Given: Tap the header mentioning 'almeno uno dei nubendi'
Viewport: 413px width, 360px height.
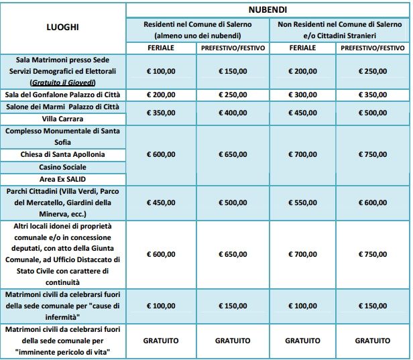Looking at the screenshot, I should coord(196,35).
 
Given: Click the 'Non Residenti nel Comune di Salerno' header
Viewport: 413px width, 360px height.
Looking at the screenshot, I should coord(339,23).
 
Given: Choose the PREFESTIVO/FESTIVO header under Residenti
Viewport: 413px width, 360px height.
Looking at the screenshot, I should coord(232,48).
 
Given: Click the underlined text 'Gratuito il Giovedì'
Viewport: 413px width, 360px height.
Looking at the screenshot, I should coord(62,82).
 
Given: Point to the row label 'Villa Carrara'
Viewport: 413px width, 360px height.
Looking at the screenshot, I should coord(62,118).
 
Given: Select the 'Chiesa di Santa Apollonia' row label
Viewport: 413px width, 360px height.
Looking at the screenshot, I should coord(62,154).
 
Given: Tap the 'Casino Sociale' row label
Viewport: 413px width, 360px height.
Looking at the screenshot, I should coord(62,166).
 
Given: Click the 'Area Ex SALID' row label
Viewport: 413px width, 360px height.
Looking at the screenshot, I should coord(62,178).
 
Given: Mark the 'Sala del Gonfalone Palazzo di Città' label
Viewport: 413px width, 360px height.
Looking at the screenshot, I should coord(62,95).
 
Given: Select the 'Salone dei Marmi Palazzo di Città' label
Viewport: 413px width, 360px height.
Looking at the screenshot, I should coord(62,107).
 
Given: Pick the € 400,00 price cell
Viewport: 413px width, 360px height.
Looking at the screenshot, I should coord(232,113).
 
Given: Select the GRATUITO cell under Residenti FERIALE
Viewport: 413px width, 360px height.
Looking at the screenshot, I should coord(161,341).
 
